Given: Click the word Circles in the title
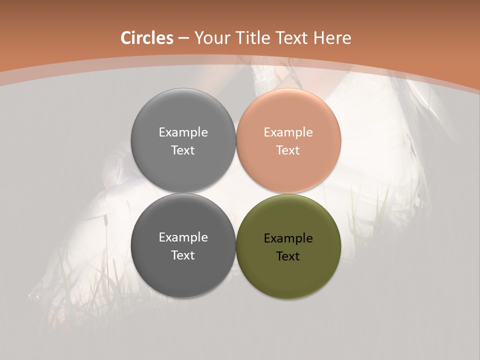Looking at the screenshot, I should coord(147,38).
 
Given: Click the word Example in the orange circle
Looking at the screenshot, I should coord(288,132).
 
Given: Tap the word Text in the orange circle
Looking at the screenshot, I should coord(288,150).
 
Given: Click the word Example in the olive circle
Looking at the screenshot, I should coord(288,238).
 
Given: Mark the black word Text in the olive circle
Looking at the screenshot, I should coord(288,256).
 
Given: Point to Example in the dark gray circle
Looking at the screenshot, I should coord(183,237).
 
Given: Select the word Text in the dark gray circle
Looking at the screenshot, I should coord(183,255).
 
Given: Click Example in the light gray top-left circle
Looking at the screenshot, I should coord(183,132).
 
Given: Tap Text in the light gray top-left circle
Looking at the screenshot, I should coord(183,150).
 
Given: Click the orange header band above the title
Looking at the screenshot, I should coord(240,12).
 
